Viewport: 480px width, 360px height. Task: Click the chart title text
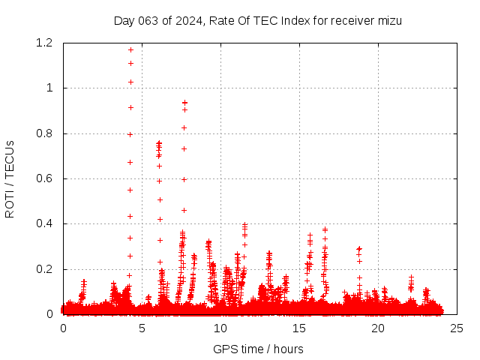click(258, 21)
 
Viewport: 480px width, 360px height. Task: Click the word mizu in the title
click(390, 21)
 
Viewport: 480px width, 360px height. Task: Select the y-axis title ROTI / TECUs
click(10, 179)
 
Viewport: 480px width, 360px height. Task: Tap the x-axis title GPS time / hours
click(258, 349)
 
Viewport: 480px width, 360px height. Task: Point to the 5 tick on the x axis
click(142, 328)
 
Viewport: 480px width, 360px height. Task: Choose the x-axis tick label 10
click(220, 328)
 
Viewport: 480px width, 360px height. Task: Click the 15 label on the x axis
click(299, 328)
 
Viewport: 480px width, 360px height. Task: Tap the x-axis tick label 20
click(378, 328)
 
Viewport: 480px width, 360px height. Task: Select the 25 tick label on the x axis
click(457, 328)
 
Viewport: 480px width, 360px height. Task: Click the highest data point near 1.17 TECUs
click(130, 50)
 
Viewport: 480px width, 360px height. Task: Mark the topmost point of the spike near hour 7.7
click(184, 103)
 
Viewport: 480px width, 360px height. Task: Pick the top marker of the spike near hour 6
click(159, 142)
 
